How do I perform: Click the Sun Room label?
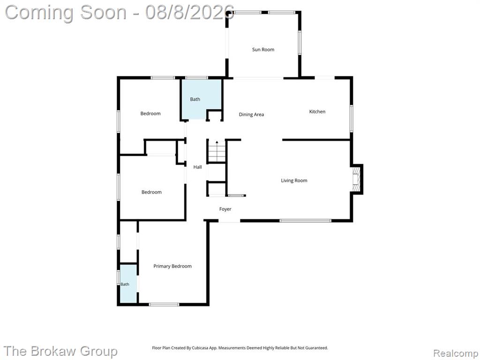[x=263, y=50]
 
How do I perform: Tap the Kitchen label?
[x=317, y=112]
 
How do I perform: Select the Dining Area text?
[x=251, y=114]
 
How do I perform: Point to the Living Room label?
[x=294, y=180]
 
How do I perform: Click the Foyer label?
[x=225, y=209]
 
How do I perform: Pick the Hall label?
[x=197, y=167]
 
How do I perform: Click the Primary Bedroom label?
[x=172, y=266]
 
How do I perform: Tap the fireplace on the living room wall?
[x=357, y=179]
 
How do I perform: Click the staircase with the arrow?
[x=217, y=151]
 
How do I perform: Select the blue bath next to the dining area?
[x=201, y=99]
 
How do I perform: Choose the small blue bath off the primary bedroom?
[x=128, y=284]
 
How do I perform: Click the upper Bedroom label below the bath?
[x=150, y=113]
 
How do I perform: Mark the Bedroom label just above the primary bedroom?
[x=151, y=192]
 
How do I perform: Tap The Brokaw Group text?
[x=60, y=351]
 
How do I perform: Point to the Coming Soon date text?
[x=120, y=13]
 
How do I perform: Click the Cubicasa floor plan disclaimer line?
[x=240, y=348]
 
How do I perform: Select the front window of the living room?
[x=305, y=220]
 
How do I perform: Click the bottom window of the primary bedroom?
[x=164, y=304]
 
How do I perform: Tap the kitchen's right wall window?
[x=352, y=119]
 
